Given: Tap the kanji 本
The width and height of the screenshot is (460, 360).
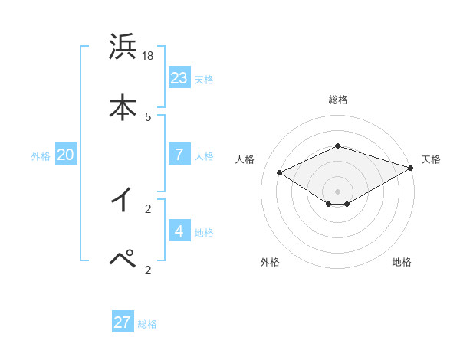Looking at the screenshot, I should point(123,107).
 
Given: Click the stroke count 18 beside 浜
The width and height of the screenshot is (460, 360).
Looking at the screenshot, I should point(149,56).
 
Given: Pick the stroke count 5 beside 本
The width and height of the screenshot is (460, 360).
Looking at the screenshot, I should point(148,116).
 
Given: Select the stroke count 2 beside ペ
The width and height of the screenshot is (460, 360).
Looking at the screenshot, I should point(148,269).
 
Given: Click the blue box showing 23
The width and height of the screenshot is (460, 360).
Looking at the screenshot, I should point(179,77).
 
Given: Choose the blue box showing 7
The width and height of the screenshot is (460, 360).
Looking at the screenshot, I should point(179,154).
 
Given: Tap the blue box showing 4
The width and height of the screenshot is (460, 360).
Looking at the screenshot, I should point(179,231).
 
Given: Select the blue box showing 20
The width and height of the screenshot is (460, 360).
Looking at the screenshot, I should point(65,154).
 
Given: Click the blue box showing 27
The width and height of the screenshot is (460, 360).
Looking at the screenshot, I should point(123,322).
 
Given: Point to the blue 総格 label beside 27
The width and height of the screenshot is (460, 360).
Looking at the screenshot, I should point(147,324).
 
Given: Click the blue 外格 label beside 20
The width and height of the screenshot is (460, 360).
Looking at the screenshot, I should point(41,155).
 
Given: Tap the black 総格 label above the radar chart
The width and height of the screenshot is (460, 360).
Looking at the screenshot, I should point(338,100).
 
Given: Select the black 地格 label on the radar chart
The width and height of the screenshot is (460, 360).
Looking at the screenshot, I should point(402,262).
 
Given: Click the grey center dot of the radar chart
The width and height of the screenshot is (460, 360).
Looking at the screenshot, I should point(338,191).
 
